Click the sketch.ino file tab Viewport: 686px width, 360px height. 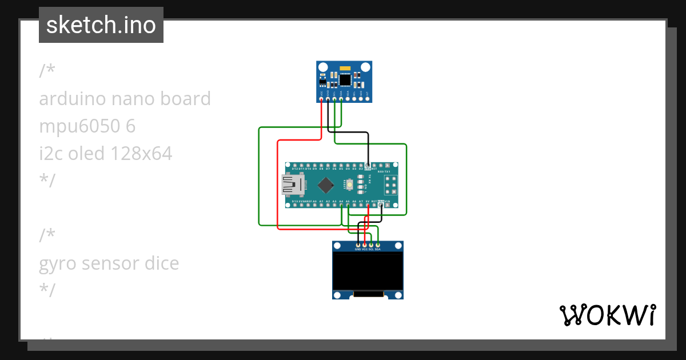[x=101, y=25]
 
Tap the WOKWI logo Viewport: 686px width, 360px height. [x=607, y=315]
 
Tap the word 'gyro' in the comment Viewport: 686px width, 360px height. [x=58, y=263]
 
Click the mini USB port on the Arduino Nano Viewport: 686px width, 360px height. [x=293, y=185]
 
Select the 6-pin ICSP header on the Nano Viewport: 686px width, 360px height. [x=392, y=185]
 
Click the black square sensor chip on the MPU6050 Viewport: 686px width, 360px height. [x=345, y=79]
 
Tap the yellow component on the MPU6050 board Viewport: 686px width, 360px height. [x=345, y=68]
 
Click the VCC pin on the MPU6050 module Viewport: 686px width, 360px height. [x=322, y=99]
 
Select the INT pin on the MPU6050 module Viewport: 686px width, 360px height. [x=368, y=99]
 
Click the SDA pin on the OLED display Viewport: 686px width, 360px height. [x=378, y=245]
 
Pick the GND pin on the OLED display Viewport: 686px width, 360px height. [x=358, y=245]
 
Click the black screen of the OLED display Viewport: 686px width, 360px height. [x=368, y=271]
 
